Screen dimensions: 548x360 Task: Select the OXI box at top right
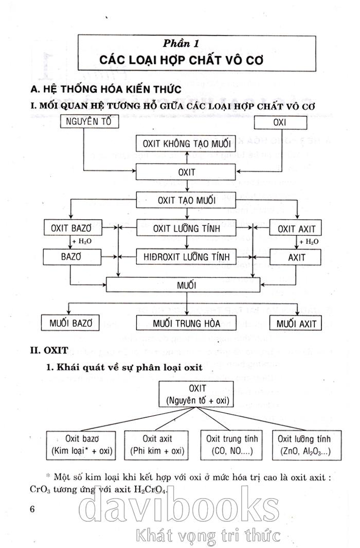[x=281, y=123]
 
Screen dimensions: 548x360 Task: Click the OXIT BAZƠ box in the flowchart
[x=73, y=228]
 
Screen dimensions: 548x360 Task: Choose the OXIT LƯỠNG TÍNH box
[x=186, y=228]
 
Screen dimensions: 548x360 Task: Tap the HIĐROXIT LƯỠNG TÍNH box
[x=186, y=256]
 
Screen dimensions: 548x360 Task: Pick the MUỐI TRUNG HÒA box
[x=186, y=323]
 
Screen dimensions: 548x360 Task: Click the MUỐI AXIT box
[x=296, y=323]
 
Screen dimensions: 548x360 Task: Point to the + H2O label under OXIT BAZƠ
[x=83, y=242]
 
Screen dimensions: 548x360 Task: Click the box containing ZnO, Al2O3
[x=303, y=445]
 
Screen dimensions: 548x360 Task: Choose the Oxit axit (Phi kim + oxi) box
[x=157, y=445]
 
